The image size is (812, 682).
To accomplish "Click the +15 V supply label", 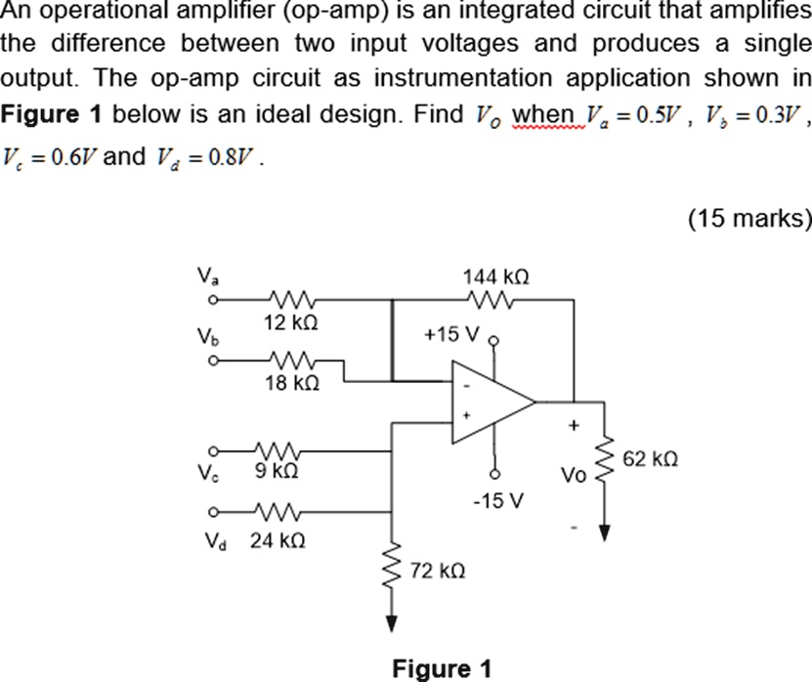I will tap(452, 335).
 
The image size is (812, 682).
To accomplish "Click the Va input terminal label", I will tap(204, 277).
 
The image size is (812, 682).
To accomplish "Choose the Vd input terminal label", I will tap(204, 538).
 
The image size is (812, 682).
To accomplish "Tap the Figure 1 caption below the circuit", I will tap(443, 668).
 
